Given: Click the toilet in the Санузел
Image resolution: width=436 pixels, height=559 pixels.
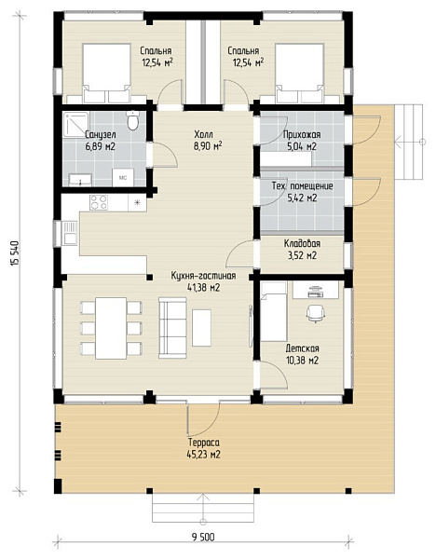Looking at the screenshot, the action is click(x=133, y=120).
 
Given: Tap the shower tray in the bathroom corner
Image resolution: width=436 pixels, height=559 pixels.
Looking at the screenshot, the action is click(x=75, y=125).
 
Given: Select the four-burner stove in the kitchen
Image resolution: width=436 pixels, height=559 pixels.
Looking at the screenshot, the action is click(x=99, y=202).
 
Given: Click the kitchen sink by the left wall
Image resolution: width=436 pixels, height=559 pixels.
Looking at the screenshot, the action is click(x=70, y=233).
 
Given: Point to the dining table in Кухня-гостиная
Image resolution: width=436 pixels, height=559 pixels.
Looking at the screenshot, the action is click(x=111, y=328).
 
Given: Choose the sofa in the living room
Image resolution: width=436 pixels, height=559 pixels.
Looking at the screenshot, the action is click(x=172, y=328).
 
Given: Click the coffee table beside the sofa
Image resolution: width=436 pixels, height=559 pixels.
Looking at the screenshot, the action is click(x=201, y=328).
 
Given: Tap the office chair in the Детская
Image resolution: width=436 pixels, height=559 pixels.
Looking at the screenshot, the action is click(x=316, y=314).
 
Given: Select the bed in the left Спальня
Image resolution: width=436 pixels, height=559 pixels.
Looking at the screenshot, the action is click(x=106, y=73).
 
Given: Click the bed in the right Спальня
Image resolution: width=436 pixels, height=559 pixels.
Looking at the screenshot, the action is click(x=299, y=73).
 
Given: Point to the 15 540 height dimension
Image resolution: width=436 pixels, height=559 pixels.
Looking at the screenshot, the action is click(x=15, y=253).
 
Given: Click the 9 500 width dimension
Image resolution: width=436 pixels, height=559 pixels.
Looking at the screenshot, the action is click(x=204, y=537).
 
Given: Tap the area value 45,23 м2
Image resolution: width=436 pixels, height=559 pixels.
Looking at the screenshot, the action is click(x=203, y=455).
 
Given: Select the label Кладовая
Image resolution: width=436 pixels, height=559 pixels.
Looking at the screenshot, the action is click(x=302, y=243).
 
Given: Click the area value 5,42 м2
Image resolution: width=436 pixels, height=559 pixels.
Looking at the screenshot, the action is click(x=302, y=198).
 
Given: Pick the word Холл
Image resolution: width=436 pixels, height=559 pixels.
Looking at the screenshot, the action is click(x=204, y=134).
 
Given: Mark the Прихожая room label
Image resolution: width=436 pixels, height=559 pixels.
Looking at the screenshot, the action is click(x=302, y=135).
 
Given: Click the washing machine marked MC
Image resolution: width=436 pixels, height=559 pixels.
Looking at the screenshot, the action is click(x=123, y=177).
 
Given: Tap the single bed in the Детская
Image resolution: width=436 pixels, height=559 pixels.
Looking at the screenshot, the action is click(x=274, y=311).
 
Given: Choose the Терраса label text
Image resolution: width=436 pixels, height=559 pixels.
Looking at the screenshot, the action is click(x=204, y=443).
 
